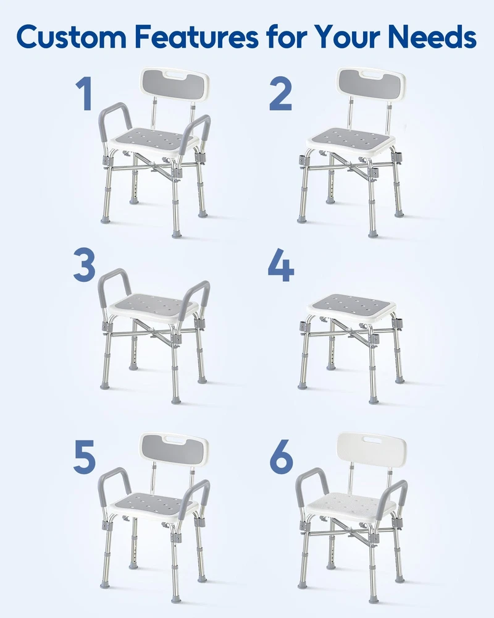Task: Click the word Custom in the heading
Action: click(71, 36)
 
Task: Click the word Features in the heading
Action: click(196, 36)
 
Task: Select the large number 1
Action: click(85, 93)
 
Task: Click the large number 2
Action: click(280, 93)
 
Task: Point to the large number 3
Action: click(85, 265)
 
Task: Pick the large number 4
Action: click(281, 265)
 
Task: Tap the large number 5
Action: click(85, 457)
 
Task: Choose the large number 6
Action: click(282, 457)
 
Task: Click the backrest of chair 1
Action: click(175, 84)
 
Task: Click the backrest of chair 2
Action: click(371, 84)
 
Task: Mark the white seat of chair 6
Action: click(351, 507)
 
